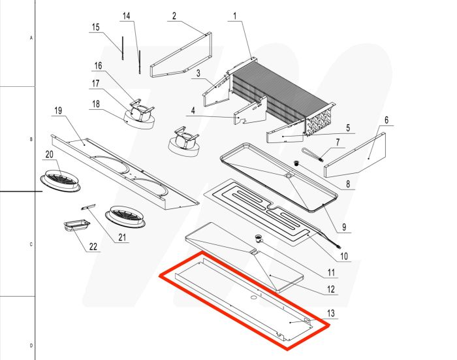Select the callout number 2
coord(174,16)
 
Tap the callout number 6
coord(386,120)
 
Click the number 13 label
coord(332,314)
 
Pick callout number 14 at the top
coord(127,15)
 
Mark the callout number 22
coord(93,247)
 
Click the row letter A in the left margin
coord(31,39)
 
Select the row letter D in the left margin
coord(31,345)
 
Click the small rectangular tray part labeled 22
coord(76,226)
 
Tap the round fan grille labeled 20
coord(63,178)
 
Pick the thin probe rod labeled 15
coord(121,47)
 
